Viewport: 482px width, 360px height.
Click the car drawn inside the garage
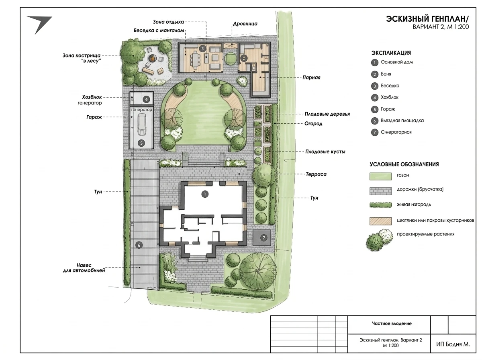(x=142, y=125)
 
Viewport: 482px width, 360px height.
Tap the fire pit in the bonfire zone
(x=152, y=58)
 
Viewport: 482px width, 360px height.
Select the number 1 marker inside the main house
(x=205, y=194)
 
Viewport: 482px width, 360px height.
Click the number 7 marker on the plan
(x=264, y=238)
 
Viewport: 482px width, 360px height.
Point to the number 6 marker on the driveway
(x=139, y=245)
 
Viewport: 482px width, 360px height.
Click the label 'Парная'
(x=311, y=78)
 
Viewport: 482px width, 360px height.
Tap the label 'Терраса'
(x=316, y=174)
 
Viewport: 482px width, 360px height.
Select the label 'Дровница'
(x=245, y=24)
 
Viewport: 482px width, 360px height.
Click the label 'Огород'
(x=313, y=124)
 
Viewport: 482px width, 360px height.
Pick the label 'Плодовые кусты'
(x=325, y=151)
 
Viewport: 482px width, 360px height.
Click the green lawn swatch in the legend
(x=380, y=176)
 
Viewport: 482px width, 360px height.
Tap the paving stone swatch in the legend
(x=380, y=191)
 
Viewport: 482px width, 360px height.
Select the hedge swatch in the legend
(x=380, y=205)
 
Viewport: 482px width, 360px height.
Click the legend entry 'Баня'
(x=386, y=74)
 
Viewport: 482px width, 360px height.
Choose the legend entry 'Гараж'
(x=388, y=109)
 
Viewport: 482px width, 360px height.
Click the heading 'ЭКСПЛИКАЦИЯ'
(x=391, y=53)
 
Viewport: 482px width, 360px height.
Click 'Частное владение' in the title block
(x=392, y=323)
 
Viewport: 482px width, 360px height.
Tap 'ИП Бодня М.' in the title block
(x=453, y=344)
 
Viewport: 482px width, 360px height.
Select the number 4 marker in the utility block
(x=146, y=99)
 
